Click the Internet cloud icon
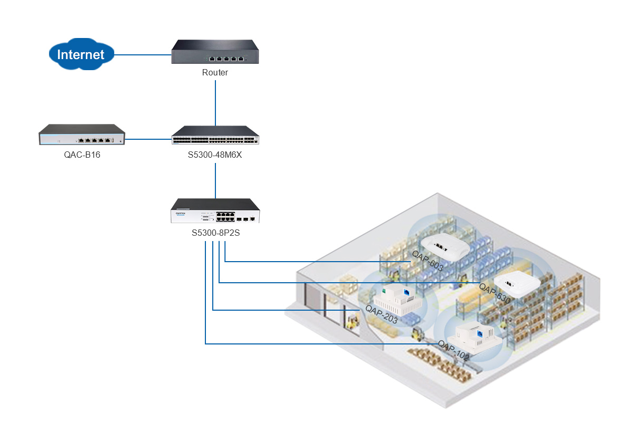(81, 54)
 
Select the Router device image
(215, 52)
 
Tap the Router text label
(215, 73)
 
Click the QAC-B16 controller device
(82, 135)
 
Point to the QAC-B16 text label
(82, 155)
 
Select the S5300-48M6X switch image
(215, 136)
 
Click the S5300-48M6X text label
(215, 155)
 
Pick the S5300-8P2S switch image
(215, 211)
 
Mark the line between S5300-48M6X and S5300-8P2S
(215, 181)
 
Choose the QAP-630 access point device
(518, 285)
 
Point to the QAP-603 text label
(428, 261)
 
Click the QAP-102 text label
(453, 351)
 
